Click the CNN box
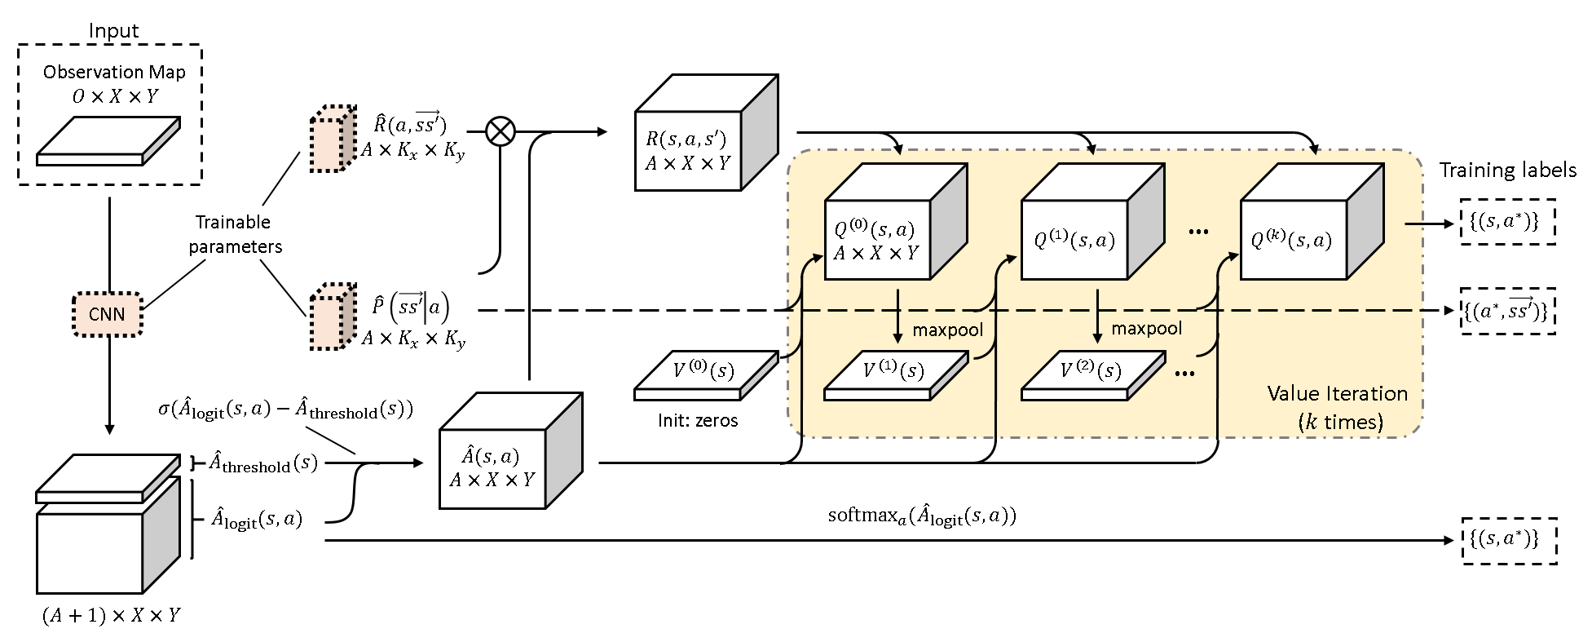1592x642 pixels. tap(108, 313)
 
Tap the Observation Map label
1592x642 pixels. tap(114, 72)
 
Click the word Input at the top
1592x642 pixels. tap(113, 31)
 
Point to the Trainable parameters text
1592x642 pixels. tap(235, 234)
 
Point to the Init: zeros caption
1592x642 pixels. tap(698, 421)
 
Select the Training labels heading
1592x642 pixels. tap(1506, 170)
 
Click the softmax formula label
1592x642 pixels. tap(921, 516)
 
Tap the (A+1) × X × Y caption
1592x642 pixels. tap(111, 616)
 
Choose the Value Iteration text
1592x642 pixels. tap(1337, 395)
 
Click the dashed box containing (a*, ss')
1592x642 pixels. tap(1506, 311)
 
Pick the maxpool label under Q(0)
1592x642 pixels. tap(948, 330)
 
